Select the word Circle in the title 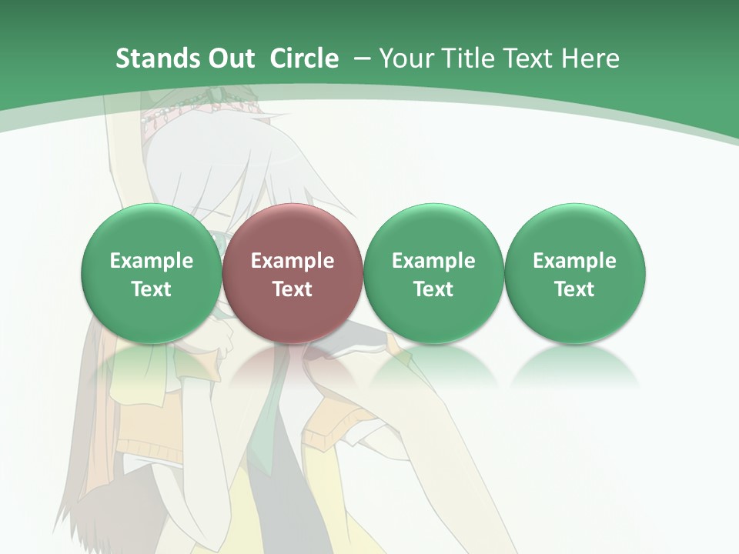pyautogui.click(x=304, y=58)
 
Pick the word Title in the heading pyautogui.click(x=466, y=58)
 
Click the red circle pyautogui.click(x=293, y=231)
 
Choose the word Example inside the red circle pyautogui.click(x=293, y=261)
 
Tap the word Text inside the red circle pyautogui.click(x=293, y=289)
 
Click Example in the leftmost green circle pyautogui.click(x=152, y=261)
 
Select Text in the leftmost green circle pyautogui.click(x=152, y=289)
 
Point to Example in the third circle pyautogui.click(x=433, y=261)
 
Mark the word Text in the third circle pyautogui.click(x=433, y=289)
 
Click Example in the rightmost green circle pyautogui.click(x=574, y=261)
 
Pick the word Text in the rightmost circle pyautogui.click(x=574, y=289)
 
